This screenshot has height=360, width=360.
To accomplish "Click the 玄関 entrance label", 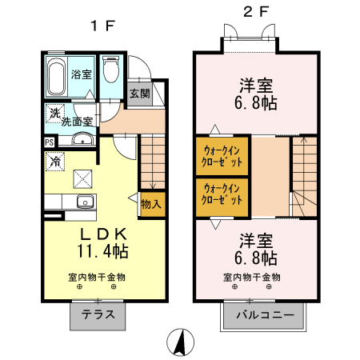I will [139, 94].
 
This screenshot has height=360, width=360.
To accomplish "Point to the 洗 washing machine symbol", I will [54, 114].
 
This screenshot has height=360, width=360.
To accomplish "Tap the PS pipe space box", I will [49, 142].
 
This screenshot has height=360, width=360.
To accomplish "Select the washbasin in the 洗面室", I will [80, 141].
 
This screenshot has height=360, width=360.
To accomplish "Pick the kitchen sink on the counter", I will [83, 201].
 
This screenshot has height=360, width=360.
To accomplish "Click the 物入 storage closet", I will [151, 203].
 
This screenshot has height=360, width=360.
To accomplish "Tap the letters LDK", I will [102, 234].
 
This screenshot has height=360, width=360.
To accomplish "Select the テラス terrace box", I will [98, 315].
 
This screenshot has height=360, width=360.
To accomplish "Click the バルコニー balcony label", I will [263, 315].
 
